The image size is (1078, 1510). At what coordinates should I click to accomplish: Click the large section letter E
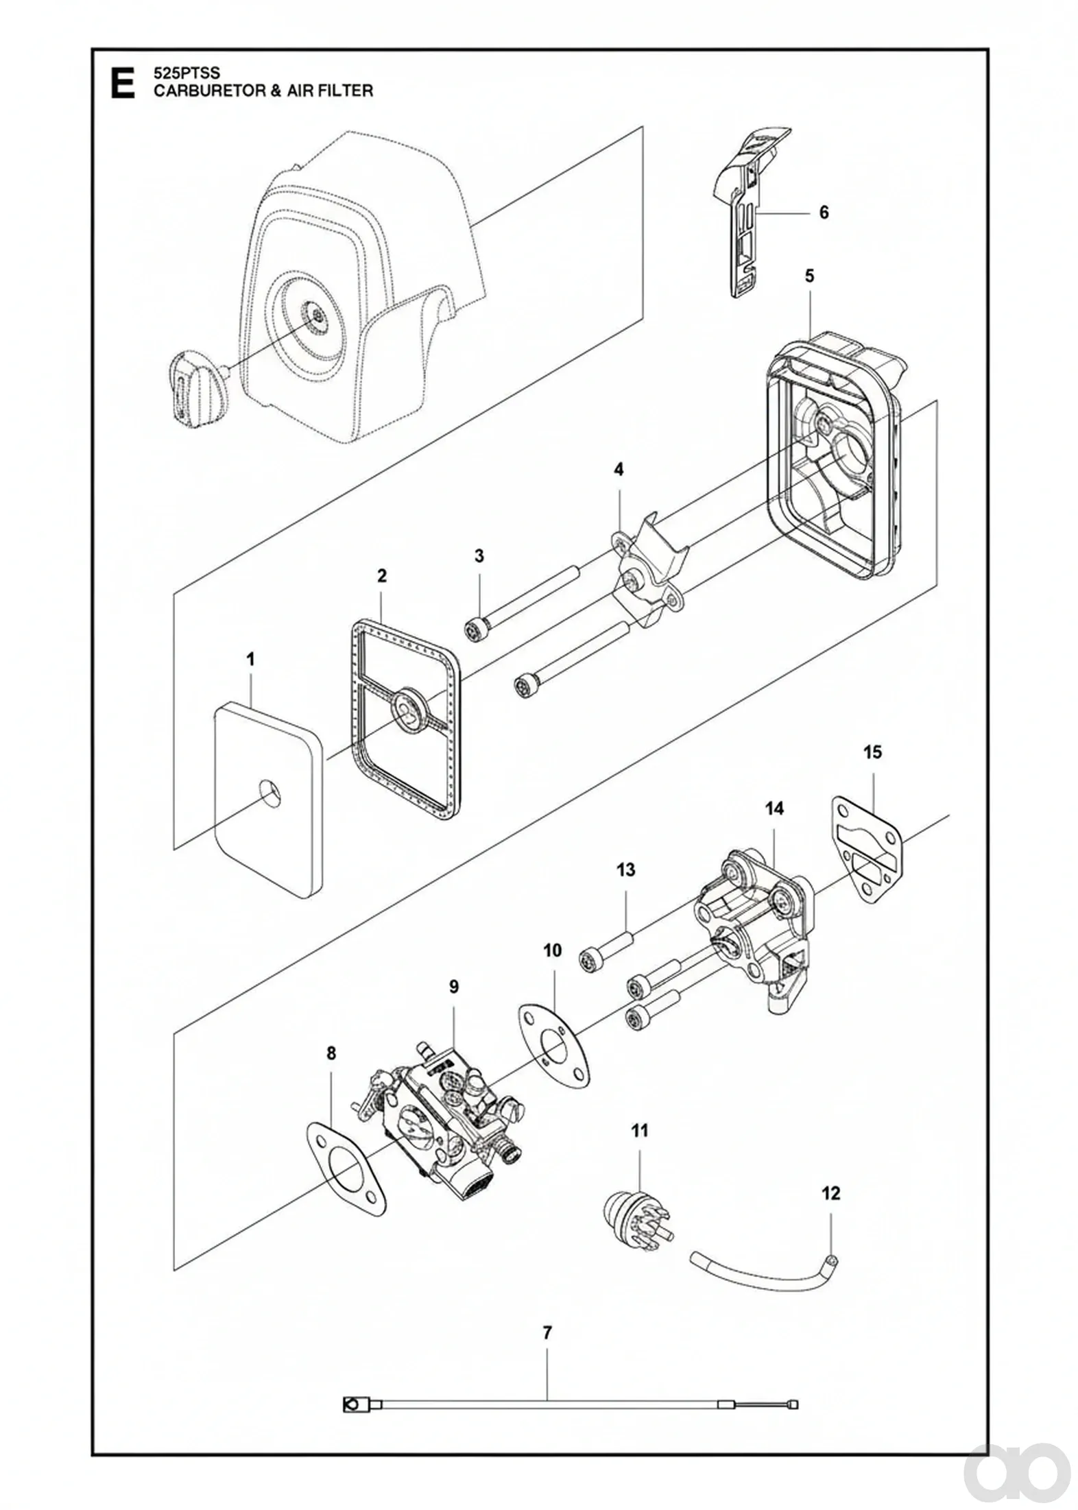tap(123, 83)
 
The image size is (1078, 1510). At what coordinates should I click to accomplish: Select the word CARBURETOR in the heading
tap(204, 91)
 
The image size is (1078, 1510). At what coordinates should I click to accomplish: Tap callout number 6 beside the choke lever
tap(824, 213)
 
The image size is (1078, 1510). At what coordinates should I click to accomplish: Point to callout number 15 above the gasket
tap(872, 752)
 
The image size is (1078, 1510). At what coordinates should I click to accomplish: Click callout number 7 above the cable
tap(547, 1334)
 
